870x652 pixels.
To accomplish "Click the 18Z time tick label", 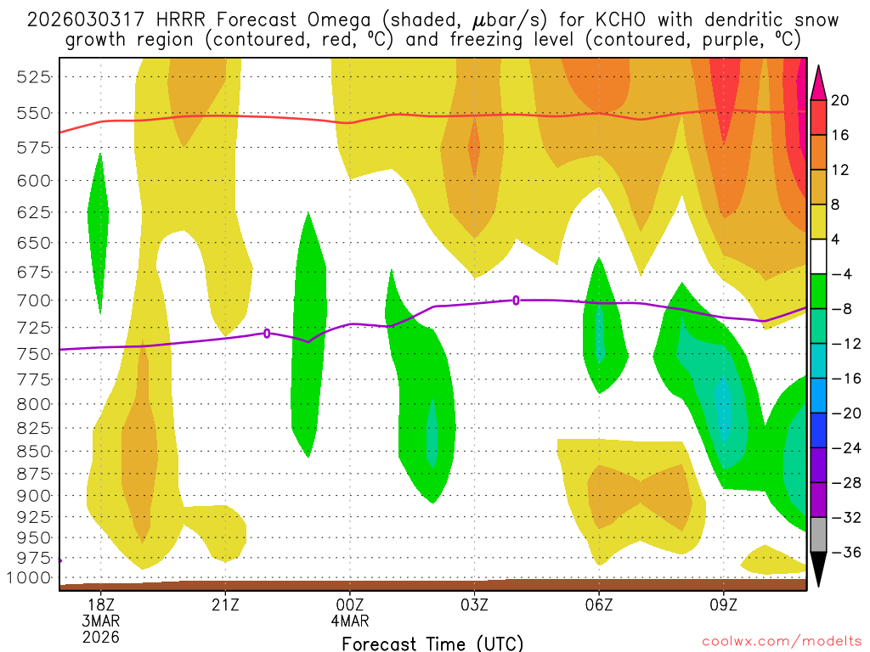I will tap(101, 604).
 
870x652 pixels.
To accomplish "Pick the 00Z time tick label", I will tap(350, 604).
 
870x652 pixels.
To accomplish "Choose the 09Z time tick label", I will tap(723, 604).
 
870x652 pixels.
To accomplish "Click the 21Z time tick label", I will tap(225, 604).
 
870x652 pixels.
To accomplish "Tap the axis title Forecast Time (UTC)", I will tap(432, 643).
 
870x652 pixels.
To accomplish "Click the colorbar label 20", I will tap(840, 100).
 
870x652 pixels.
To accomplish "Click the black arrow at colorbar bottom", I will tap(818, 570).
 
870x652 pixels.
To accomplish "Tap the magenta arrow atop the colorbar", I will tap(818, 82).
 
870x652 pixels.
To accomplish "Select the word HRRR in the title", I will tap(184, 20).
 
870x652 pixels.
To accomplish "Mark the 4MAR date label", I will tap(350, 621).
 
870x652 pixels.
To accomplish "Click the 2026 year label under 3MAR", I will tap(101, 637).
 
